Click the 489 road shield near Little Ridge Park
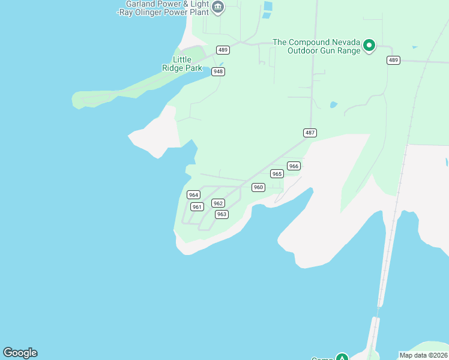(223, 50)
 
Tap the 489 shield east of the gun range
(393, 60)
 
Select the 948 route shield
(218, 71)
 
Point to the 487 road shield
(310, 133)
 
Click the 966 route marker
(294, 166)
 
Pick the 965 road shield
(277, 174)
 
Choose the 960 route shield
(258, 187)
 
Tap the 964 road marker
(193, 195)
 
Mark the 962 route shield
(218, 203)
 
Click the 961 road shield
(197, 207)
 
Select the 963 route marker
(221, 214)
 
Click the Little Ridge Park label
(182, 64)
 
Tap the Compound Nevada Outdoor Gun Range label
(316, 46)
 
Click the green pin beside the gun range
(370, 45)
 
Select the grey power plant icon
(218, 8)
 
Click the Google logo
(20, 353)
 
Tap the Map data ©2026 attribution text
(424, 355)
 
